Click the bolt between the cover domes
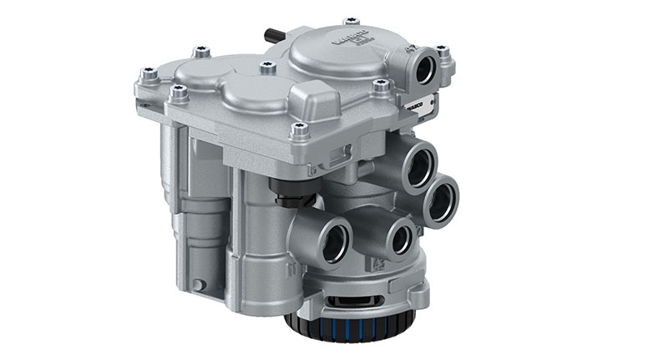pyautogui.click(x=266, y=66)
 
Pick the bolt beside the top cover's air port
pyautogui.click(x=442, y=52)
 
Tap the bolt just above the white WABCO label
pyautogui.click(x=381, y=86)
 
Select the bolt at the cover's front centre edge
pyautogui.click(x=300, y=129)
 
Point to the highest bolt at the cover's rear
pyautogui.click(x=351, y=21)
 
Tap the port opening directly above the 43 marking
pyautogui.click(x=399, y=236)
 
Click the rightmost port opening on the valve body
pyautogui.click(x=442, y=203)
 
